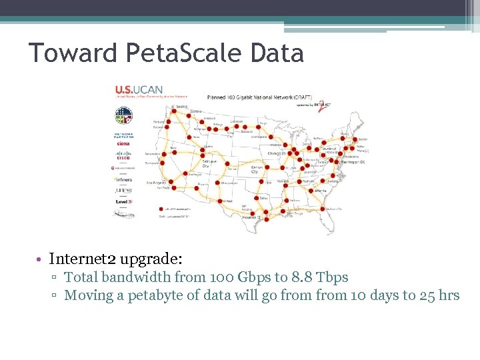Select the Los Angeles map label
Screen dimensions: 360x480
156,182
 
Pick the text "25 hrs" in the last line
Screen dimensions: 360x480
440,295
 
